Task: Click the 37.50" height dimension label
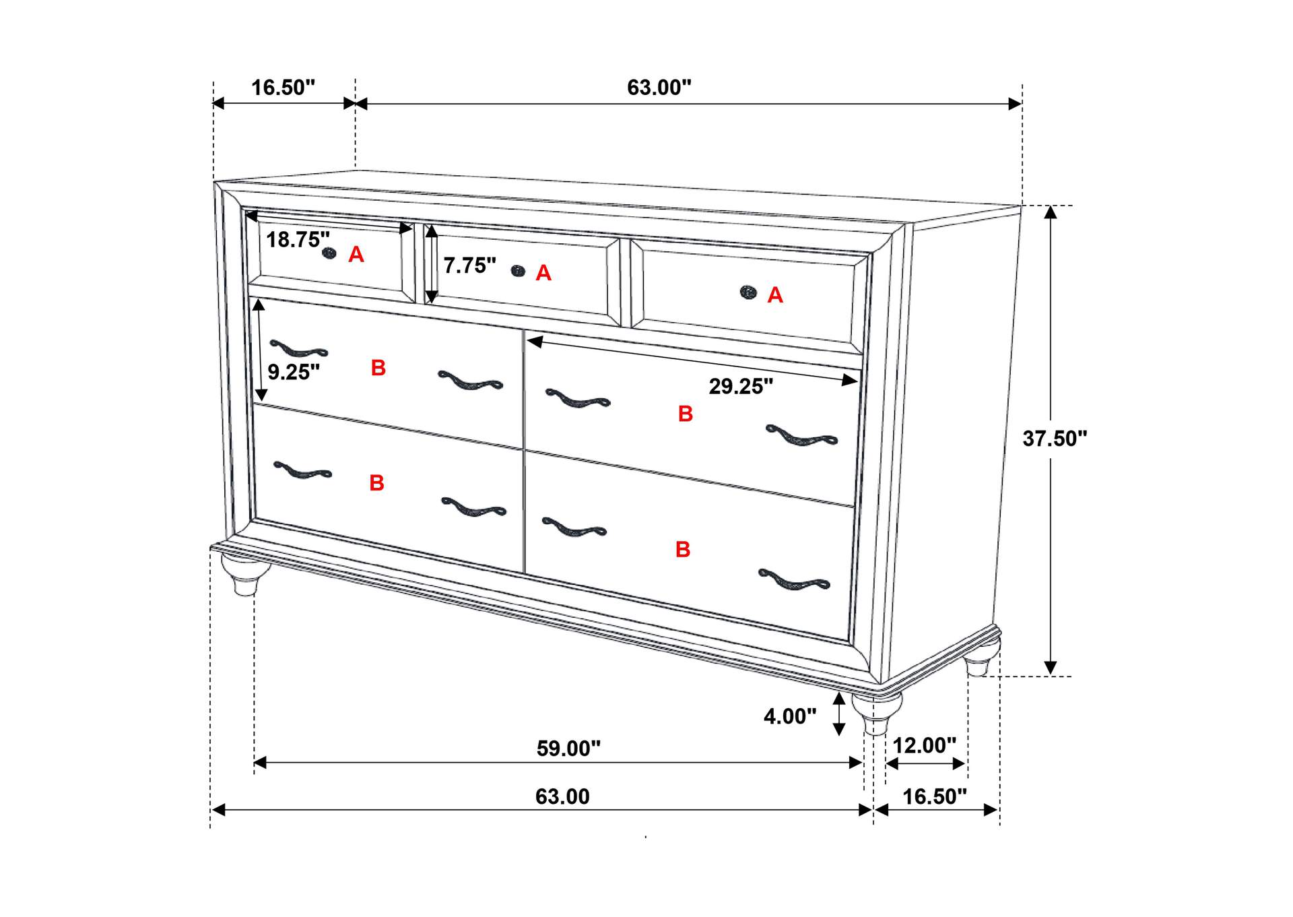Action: click(x=1055, y=439)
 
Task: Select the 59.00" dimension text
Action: click(x=568, y=749)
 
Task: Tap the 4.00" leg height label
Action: click(x=790, y=716)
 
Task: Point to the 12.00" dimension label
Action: click(x=924, y=746)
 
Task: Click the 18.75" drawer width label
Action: click(x=298, y=239)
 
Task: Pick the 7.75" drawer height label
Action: click(x=469, y=265)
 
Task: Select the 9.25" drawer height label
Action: click(x=294, y=372)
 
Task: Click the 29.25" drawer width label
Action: click(x=741, y=386)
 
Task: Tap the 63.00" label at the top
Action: click(x=659, y=88)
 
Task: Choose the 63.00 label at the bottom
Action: click(x=562, y=797)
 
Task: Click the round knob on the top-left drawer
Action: click(x=329, y=253)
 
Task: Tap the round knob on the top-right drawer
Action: click(x=748, y=292)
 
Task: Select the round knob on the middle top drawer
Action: click(x=518, y=271)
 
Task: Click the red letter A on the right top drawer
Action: click(x=775, y=295)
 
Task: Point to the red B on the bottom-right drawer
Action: click(x=683, y=550)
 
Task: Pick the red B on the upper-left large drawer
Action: click(x=378, y=368)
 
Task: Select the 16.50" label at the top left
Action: click(x=283, y=88)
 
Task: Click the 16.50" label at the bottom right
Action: click(x=935, y=797)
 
